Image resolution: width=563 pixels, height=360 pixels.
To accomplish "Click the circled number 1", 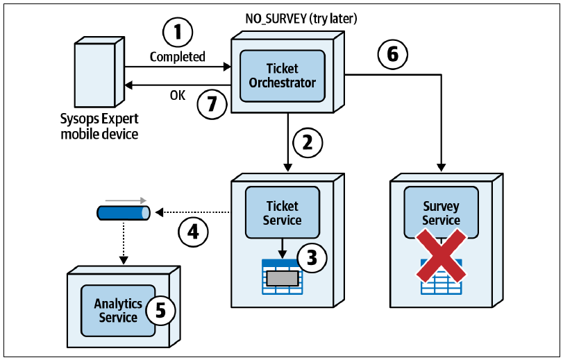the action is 178,33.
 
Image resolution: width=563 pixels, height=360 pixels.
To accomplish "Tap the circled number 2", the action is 308,142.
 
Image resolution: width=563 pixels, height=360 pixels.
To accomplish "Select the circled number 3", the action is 312,257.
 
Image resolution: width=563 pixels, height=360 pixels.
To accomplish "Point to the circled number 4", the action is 193,232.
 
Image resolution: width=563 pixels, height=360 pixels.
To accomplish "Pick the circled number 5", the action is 160,310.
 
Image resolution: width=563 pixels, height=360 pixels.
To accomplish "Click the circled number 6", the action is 393,54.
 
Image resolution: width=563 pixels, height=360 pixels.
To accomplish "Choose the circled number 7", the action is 212,104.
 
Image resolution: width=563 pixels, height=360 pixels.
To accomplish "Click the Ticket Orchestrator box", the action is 283,76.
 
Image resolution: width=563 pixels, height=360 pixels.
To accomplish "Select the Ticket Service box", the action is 283,212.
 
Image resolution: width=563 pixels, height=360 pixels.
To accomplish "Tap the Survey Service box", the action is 442,212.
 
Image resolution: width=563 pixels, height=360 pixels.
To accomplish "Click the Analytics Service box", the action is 118,311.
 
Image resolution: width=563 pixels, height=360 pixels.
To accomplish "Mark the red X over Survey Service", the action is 442,255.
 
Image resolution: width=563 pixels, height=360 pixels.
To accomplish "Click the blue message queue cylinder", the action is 124,213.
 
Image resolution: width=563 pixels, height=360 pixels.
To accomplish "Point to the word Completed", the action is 178,57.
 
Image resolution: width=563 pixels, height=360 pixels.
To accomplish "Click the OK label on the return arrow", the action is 178,96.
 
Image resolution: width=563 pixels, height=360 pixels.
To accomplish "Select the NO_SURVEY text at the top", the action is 276,19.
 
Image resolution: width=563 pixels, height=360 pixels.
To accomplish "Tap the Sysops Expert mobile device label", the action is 99,126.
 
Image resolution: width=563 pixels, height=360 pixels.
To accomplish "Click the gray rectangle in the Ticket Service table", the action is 283,278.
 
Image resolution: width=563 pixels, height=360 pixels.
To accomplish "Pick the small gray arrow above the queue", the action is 126,200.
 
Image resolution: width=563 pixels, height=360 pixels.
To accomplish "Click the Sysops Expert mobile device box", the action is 99,71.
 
